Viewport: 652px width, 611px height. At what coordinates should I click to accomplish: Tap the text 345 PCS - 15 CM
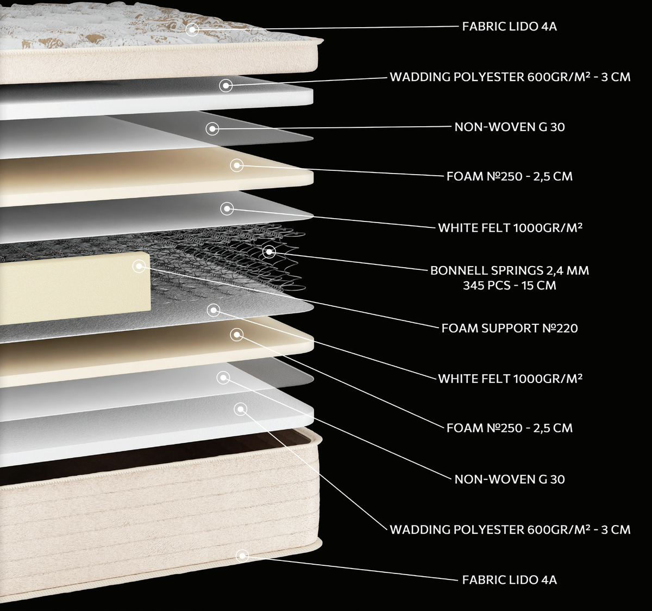510,285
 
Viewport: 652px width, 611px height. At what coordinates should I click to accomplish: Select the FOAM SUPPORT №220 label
510,328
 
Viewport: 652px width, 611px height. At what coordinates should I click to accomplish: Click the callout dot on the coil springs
269,252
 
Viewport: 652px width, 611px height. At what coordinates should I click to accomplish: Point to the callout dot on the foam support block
139,266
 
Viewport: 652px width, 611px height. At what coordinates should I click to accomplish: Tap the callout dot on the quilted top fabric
192,29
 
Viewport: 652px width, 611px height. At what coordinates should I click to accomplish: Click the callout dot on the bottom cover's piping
242,556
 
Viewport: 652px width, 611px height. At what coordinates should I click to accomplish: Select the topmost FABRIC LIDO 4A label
510,27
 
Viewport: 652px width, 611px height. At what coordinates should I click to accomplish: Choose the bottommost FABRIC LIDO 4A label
510,580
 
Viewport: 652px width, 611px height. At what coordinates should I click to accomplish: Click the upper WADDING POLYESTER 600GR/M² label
510,77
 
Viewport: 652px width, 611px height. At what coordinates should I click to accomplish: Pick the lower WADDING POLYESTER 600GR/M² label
510,530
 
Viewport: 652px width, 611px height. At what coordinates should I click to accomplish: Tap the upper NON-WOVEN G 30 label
510,127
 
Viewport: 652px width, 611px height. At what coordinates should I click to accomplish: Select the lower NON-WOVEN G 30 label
510,479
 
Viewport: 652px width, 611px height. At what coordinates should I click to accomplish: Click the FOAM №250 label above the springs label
510,177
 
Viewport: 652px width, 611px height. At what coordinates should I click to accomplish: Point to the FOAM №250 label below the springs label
510,428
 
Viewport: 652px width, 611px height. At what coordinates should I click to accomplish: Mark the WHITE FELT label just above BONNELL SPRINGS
510,227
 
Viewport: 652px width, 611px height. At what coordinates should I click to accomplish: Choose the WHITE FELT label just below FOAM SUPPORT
510,379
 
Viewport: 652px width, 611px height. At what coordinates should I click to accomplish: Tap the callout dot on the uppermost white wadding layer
226,85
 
